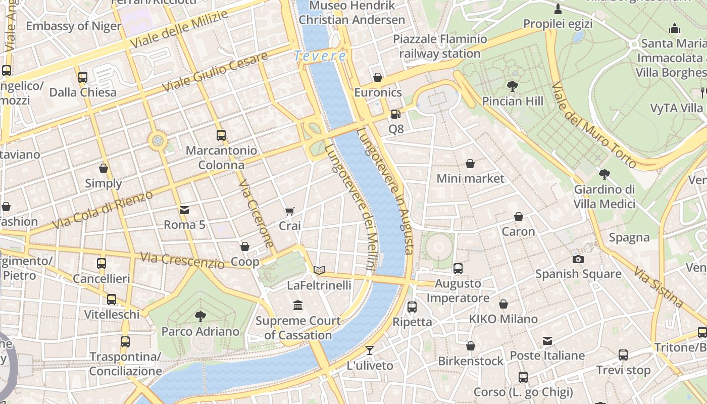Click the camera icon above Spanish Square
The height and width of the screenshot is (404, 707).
(578, 259)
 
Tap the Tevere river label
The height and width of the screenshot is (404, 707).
(321, 56)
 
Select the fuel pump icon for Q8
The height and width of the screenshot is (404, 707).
(396, 114)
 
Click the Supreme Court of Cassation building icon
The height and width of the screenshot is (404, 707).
(298, 306)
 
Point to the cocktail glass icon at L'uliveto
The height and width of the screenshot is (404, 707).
(370, 350)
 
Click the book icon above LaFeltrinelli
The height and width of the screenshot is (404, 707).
(319, 270)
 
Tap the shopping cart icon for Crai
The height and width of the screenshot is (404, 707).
(289, 211)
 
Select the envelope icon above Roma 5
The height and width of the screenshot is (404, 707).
(184, 210)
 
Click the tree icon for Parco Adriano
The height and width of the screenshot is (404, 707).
(200, 317)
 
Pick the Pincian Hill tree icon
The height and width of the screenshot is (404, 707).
(513, 86)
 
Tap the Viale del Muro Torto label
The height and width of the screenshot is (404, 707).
(593, 125)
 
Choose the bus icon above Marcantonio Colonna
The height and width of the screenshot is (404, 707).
(221, 135)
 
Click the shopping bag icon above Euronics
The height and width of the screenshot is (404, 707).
(378, 77)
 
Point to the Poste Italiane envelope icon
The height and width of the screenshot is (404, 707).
(547, 341)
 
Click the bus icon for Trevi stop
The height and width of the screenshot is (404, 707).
(623, 355)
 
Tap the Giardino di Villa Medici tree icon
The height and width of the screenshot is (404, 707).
(604, 175)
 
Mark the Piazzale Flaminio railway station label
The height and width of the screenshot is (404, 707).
(439, 46)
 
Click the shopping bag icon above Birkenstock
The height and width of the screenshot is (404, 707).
(471, 346)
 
